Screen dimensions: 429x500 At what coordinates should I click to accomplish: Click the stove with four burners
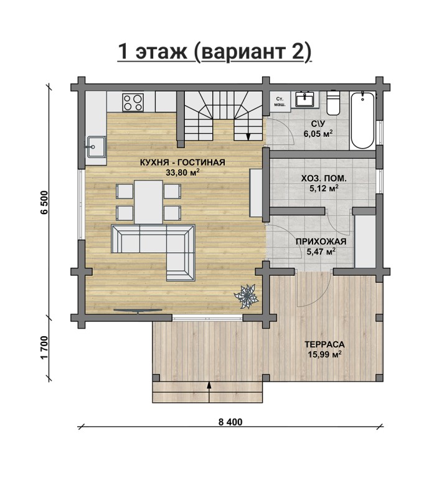133,102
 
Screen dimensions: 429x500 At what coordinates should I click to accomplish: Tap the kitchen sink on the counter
96,147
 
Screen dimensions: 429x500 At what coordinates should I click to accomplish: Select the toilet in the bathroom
333,103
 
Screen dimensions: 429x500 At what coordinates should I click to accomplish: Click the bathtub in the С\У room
362,121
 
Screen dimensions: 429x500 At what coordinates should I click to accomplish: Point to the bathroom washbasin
305,98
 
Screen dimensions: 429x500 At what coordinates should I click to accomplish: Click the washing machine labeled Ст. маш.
280,101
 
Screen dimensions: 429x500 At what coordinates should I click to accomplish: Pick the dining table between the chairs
148,202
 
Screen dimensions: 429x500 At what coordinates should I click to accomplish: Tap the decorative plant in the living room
246,296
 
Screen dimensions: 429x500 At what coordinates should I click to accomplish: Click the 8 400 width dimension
230,422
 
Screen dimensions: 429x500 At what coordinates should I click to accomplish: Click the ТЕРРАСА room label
324,345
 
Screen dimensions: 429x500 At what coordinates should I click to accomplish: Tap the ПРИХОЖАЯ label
321,242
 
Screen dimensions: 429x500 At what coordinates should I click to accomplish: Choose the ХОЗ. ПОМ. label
324,179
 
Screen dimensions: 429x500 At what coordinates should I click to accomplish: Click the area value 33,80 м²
183,172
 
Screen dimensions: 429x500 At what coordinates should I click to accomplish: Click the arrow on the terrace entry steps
209,392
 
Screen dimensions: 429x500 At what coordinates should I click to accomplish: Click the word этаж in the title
161,52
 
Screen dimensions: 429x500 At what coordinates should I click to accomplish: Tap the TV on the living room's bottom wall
138,311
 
